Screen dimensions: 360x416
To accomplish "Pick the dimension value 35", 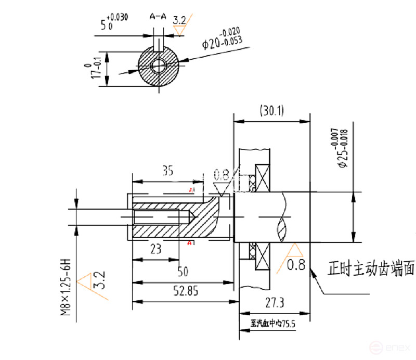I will click(168, 170).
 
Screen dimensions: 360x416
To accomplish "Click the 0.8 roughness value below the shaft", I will click(296, 266).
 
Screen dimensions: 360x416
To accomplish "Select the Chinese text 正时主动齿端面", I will click(371, 269).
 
